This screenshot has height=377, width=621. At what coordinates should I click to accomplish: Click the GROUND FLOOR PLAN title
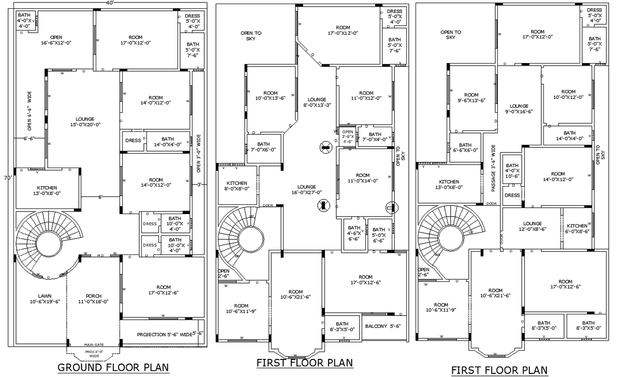click(x=113, y=368)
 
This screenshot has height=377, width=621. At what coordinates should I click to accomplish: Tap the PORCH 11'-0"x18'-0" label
click(x=93, y=298)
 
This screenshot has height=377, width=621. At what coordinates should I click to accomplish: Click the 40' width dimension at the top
click(x=109, y=3)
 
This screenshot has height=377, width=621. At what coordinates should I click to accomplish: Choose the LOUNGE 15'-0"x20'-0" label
click(x=85, y=122)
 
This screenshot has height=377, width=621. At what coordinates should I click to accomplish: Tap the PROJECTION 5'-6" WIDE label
click(x=165, y=335)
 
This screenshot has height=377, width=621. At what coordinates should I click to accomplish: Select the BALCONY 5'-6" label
click(x=383, y=326)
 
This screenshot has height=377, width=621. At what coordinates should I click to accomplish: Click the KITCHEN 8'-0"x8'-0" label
click(x=236, y=186)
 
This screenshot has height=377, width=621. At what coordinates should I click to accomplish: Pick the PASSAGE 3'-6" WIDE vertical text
click(x=493, y=168)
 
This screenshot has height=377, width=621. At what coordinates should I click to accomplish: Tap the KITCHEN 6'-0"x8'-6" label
click(x=576, y=229)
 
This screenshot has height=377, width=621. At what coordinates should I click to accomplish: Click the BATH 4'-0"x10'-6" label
click(x=512, y=171)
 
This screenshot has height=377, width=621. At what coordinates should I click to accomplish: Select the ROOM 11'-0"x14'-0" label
click(x=363, y=178)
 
